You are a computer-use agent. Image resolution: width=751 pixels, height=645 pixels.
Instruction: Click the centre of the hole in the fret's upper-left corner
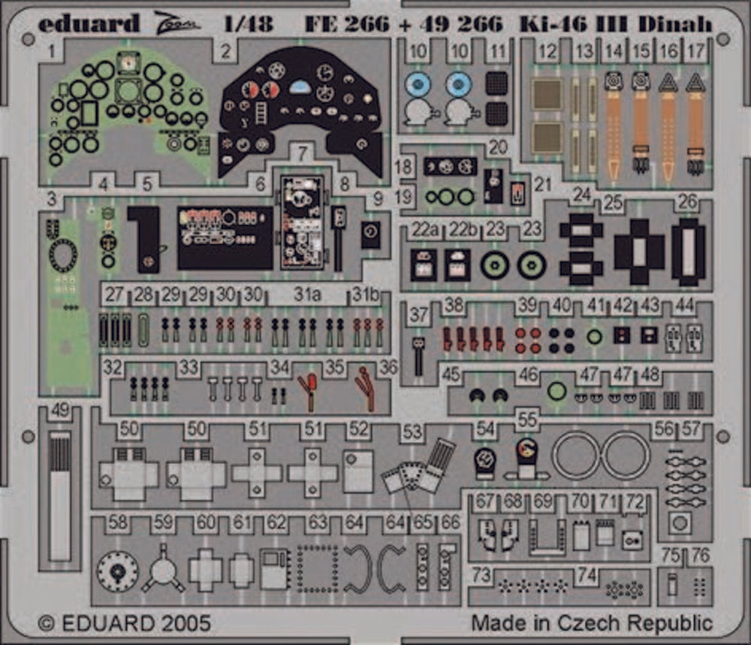(28, 38)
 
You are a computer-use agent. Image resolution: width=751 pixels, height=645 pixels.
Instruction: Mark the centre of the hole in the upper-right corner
(722, 38)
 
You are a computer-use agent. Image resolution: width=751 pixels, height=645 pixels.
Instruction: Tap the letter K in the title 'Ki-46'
(528, 23)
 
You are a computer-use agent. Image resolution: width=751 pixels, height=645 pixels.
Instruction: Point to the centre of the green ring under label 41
(594, 337)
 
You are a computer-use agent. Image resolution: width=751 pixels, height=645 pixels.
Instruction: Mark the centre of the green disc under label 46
(557, 392)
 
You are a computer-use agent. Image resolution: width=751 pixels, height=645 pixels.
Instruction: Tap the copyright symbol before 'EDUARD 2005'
(46, 623)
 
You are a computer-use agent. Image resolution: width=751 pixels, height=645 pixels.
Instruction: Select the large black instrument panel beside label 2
(301, 112)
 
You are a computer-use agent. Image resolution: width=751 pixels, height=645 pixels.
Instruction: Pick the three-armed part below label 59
(163, 569)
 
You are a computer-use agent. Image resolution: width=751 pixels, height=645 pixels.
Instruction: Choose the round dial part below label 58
(118, 571)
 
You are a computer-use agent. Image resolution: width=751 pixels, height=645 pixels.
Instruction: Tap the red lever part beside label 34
(309, 392)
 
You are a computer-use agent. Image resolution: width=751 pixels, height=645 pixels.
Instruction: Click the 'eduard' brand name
(89, 23)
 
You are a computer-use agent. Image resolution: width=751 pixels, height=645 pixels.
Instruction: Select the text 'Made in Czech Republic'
(592, 623)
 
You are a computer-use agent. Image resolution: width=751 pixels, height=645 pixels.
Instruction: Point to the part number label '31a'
(306, 295)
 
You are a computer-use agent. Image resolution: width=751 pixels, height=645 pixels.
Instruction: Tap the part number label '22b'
(462, 230)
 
